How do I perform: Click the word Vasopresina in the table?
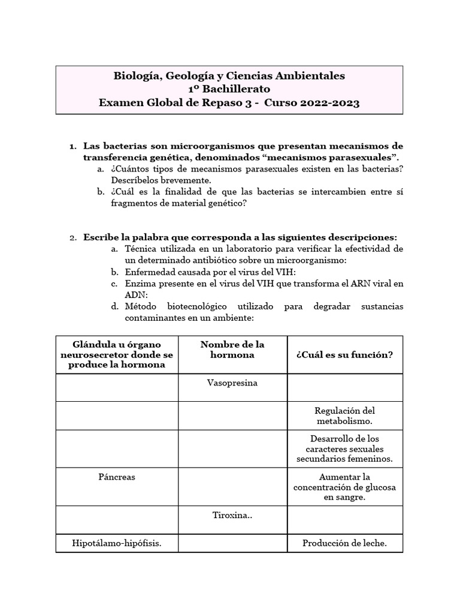[232, 383]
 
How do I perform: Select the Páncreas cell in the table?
[117, 477]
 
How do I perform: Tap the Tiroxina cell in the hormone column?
[232, 515]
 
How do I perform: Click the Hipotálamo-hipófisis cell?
[117, 543]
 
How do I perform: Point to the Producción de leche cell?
[344, 543]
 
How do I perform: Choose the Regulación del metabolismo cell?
[344, 416]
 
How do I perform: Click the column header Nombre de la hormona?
[232, 350]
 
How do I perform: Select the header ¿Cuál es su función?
[344, 354]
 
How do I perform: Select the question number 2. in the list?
[73, 237]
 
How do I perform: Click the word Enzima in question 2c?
[139, 283]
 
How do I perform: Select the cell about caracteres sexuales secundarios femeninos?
[344, 449]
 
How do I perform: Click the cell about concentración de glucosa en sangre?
[344, 487]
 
